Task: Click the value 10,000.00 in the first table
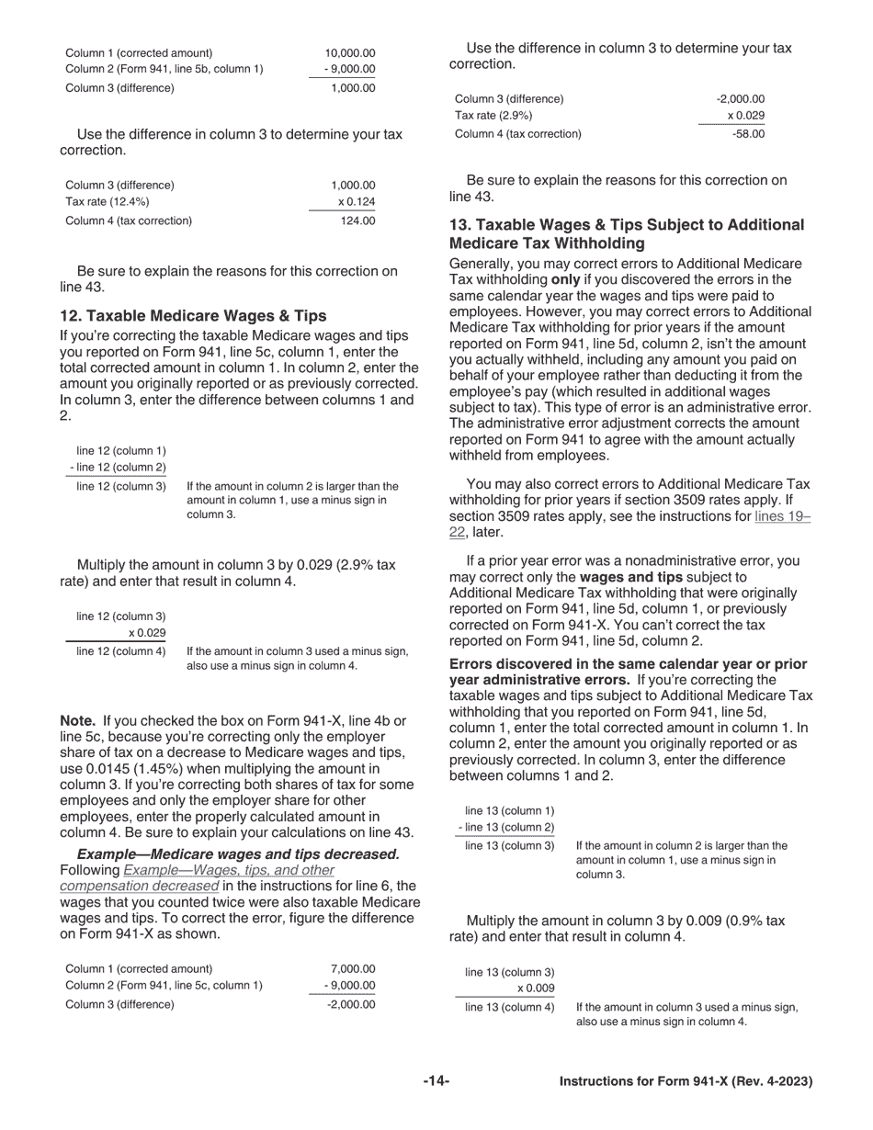350,53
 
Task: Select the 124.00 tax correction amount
357,220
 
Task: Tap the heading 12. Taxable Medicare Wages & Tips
193,316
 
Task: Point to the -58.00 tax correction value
748,134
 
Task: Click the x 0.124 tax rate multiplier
357,202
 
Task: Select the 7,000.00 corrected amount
353,968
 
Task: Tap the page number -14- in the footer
436,1082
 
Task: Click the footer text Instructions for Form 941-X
686,1082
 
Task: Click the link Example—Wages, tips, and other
229,870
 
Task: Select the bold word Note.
77,721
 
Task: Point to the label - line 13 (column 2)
505,828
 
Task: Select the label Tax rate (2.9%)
493,116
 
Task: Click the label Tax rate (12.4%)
108,202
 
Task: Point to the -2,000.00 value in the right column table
741,99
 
